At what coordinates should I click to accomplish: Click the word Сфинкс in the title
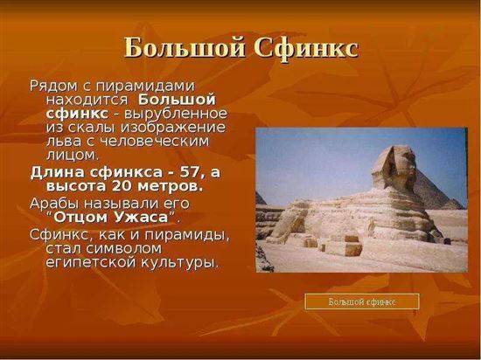point(306,48)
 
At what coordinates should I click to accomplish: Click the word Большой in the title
point(185,48)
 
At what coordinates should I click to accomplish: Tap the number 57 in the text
point(188,173)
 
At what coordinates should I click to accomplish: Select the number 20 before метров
point(122,187)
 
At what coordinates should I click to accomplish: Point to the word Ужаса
point(142,218)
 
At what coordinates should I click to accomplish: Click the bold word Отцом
point(81,218)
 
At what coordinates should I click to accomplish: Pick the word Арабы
point(55,204)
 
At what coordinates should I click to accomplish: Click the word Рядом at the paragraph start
point(53,87)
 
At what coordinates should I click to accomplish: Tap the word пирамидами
point(145,87)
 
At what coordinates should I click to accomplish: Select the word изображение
point(173,128)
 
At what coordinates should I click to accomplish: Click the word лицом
point(73,156)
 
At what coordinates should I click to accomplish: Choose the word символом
point(123,248)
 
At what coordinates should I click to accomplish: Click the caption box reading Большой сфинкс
point(362,301)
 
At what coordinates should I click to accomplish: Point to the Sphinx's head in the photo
point(394,167)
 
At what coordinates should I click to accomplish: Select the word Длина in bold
point(57,173)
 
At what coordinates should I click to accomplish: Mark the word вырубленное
point(176,114)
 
